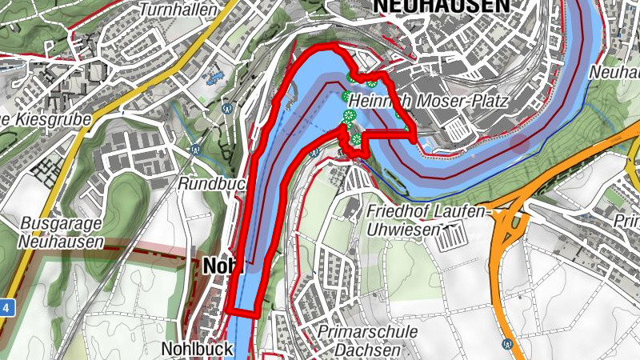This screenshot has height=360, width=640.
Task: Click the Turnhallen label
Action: [166, 10]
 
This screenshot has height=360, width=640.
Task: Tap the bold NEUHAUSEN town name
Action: [440, 6]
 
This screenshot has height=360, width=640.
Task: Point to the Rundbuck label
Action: [210, 183]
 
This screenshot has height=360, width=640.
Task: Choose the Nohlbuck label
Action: [197, 349]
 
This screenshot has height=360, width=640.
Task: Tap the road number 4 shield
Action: [6, 306]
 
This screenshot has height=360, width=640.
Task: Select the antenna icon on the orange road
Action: [507, 344]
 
